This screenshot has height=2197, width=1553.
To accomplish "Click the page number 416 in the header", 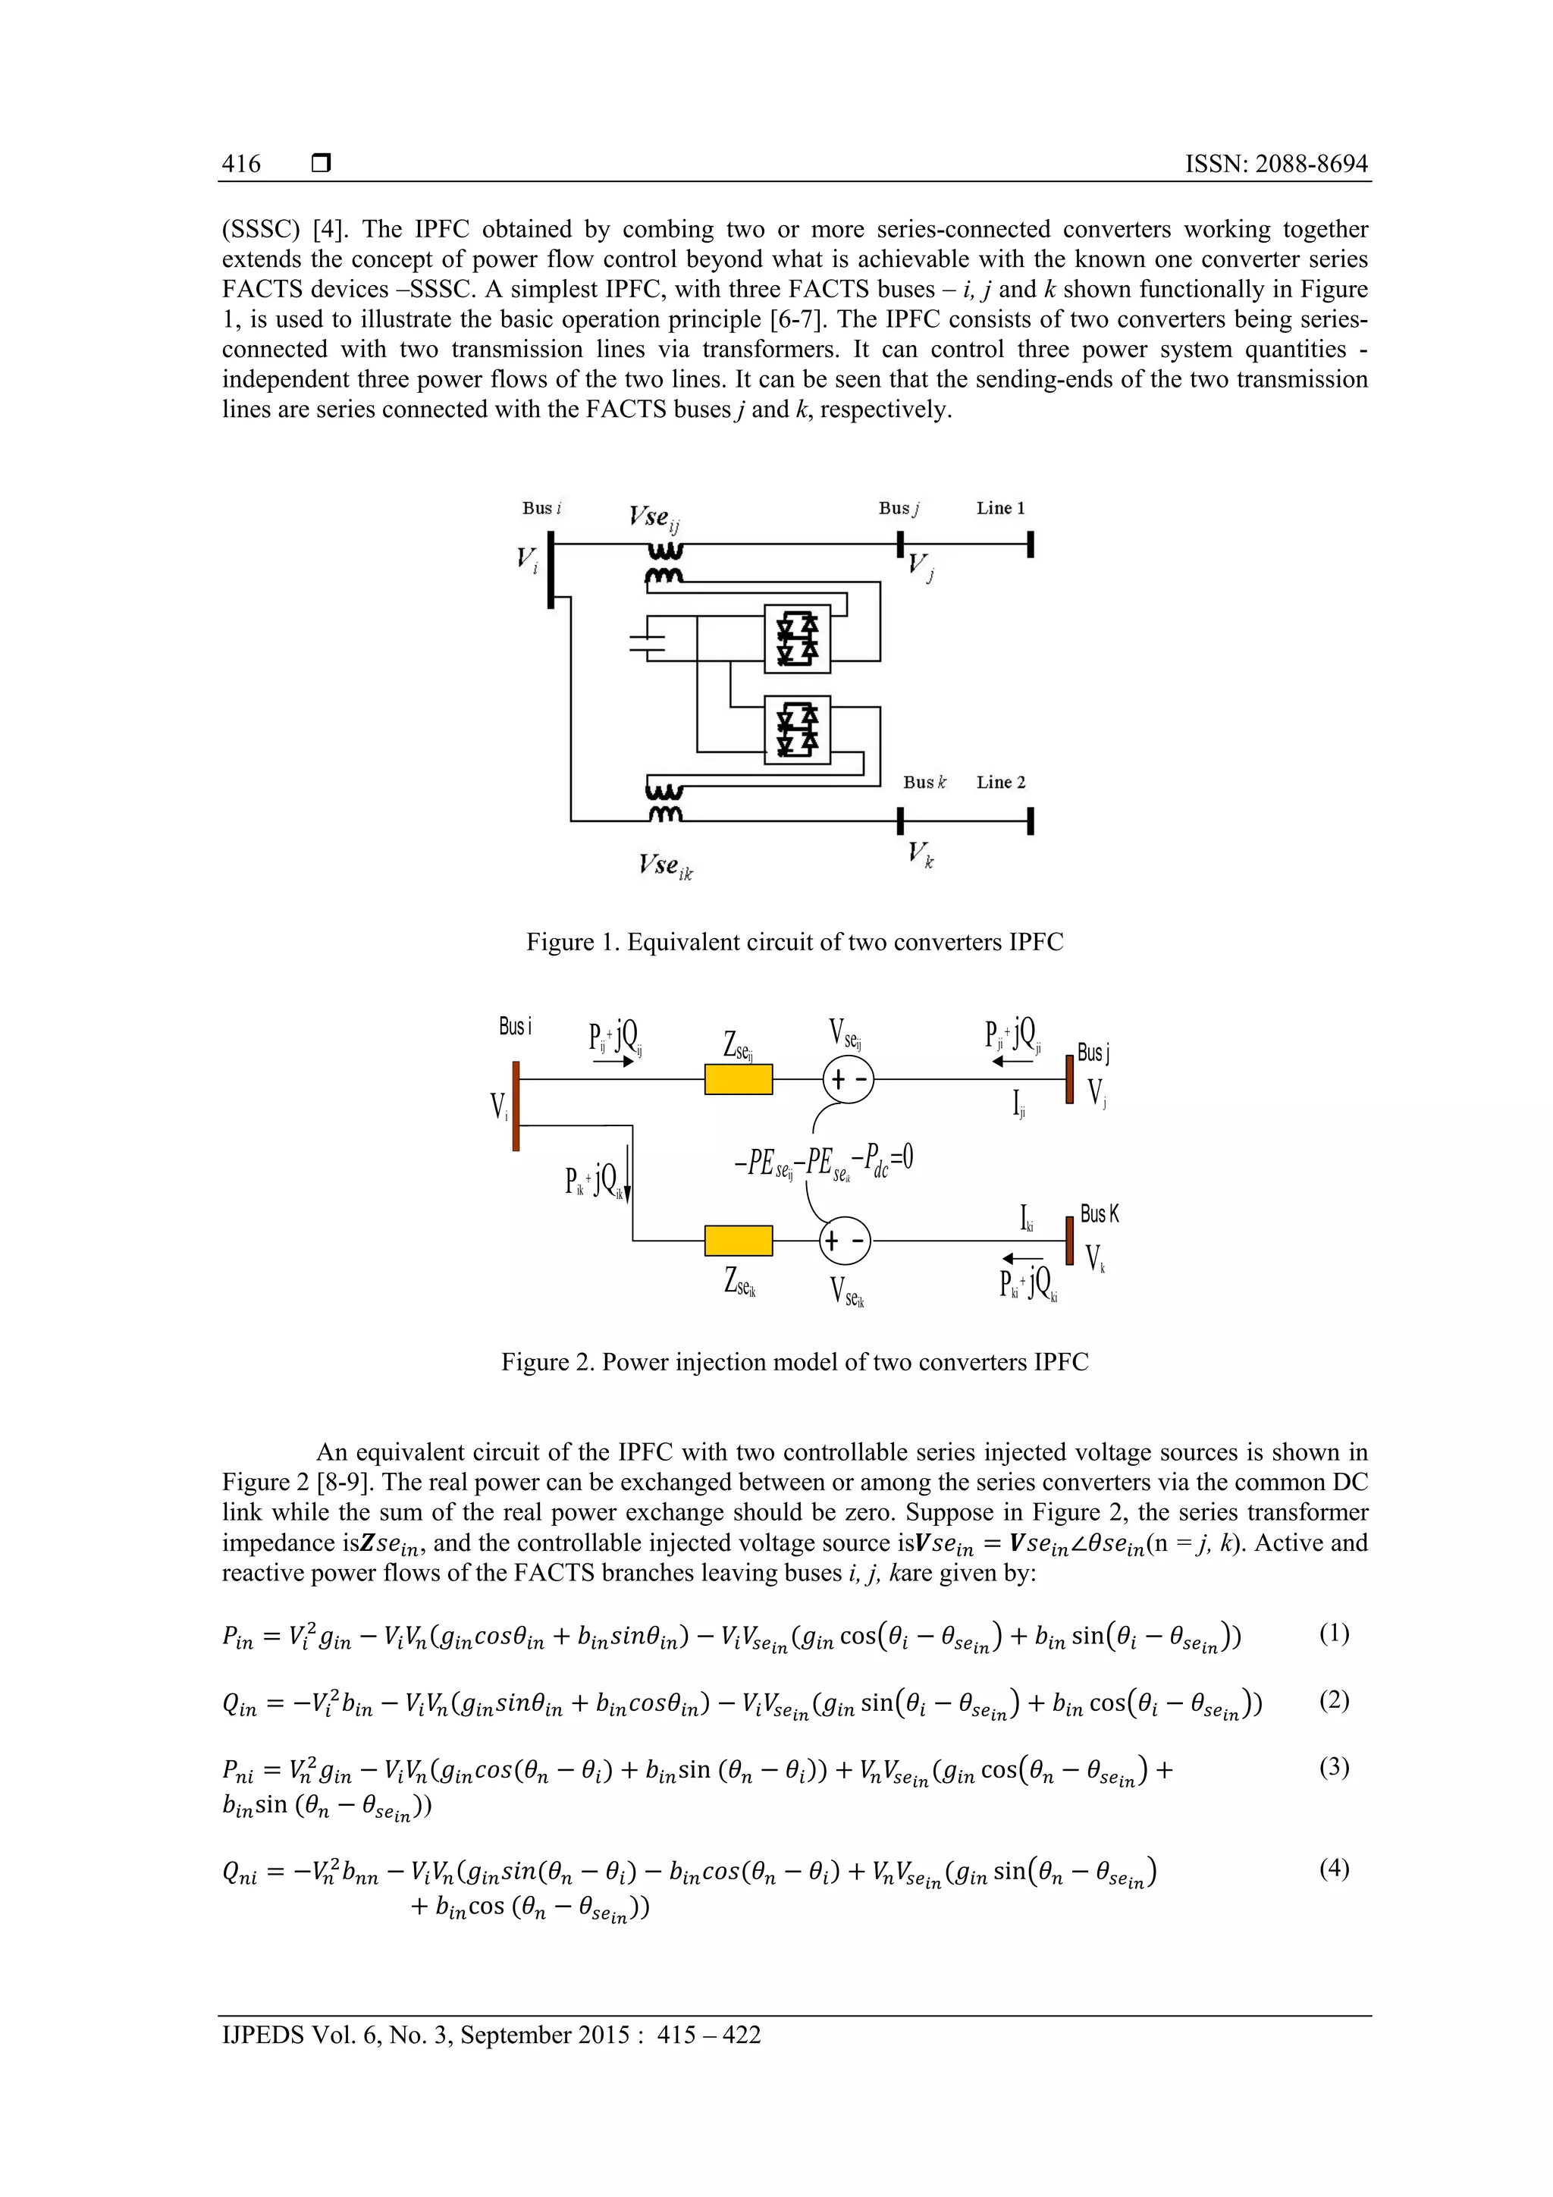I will [x=241, y=164].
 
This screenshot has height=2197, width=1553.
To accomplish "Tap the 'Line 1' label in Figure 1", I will [x=1000, y=508].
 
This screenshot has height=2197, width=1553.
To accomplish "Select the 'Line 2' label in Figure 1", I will [x=1000, y=782].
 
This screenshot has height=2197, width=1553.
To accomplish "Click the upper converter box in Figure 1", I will [x=797, y=639].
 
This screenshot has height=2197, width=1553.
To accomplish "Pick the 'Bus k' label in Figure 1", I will [x=924, y=782].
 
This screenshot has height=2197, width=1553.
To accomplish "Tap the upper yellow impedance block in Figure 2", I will [x=738, y=1079].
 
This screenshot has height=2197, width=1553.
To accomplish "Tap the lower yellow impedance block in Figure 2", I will [x=738, y=1240].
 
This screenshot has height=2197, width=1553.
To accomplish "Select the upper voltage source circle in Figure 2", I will [x=848, y=1079].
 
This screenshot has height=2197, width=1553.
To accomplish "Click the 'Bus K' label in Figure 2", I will [x=1099, y=1214].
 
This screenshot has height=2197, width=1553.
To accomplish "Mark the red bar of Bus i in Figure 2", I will [x=516, y=1105].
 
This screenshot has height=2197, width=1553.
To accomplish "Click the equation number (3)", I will [x=1334, y=1766].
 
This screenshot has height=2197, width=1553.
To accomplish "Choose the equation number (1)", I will [x=1334, y=1633].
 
